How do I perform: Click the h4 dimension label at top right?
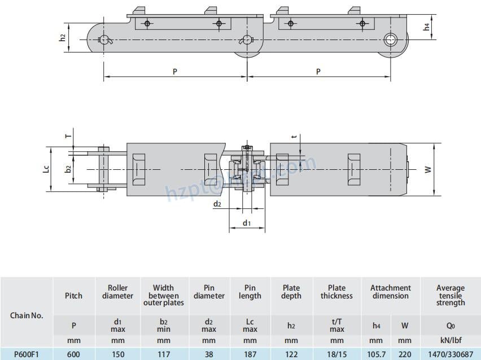pyautogui.click(x=427, y=26)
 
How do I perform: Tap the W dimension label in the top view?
pyautogui.click(x=428, y=169)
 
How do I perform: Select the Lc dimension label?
pyautogui.click(x=47, y=169)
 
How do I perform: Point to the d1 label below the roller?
pyautogui.click(x=247, y=223)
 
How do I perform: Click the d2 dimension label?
pyautogui.click(x=217, y=204)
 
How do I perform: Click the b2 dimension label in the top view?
pyautogui.click(x=68, y=169)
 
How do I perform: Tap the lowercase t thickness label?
pyautogui.click(x=294, y=137)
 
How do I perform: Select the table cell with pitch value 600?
pyautogui.click(x=73, y=354)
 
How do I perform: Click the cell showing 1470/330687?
pyautogui.click(x=451, y=354)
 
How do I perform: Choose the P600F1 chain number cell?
pyautogui.click(x=27, y=354)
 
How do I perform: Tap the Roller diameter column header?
pyautogui.click(x=117, y=292)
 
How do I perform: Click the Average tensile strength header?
pyautogui.click(x=451, y=295)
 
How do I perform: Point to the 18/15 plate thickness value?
pyautogui.click(x=336, y=354)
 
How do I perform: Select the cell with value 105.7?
pyautogui.click(x=376, y=354)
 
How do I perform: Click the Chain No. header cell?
pyautogui.click(x=27, y=315)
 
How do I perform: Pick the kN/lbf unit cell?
pyautogui.click(x=451, y=340)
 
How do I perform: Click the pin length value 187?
pyautogui.click(x=250, y=354)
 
